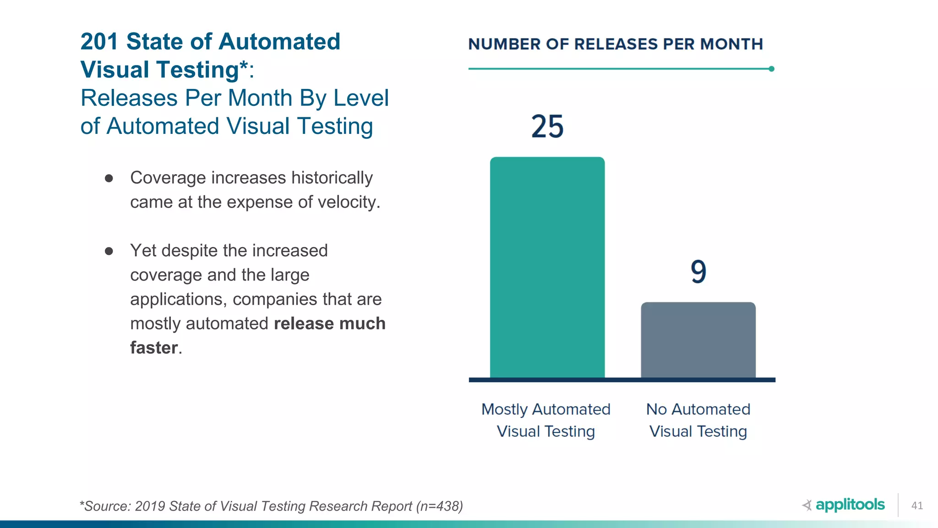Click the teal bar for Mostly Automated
tap(547, 268)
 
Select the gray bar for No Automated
tap(698, 340)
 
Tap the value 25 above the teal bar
tap(547, 126)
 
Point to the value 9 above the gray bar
tap(698, 271)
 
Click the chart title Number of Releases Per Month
tap(615, 44)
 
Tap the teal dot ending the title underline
tap(771, 69)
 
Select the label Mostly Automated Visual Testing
tap(546, 420)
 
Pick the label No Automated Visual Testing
tap(698, 420)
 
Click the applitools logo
tap(844, 505)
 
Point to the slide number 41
tap(917, 506)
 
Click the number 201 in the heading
tap(99, 42)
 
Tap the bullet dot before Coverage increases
tap(109, 178)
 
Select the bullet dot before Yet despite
tap(109, 251)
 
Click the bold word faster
tap(154, 348)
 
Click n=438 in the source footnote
tap(439, 506)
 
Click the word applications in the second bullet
tap(179, 299)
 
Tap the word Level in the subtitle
tap(361, 98)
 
